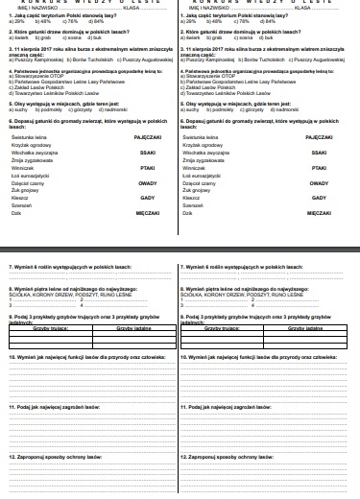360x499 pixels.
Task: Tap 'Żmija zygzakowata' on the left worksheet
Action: pos(28,160)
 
